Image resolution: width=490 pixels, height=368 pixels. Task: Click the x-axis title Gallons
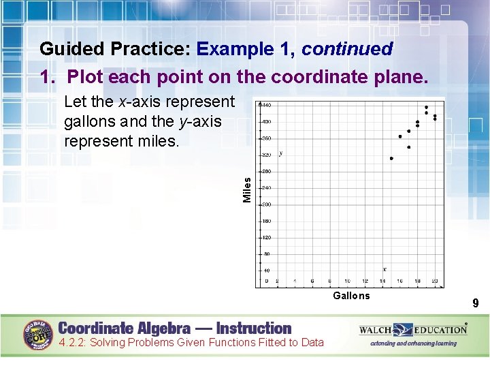pos(351,296)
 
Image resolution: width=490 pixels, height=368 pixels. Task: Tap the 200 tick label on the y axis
pos(267,204)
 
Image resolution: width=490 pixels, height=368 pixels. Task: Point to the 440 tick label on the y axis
pos(267,105)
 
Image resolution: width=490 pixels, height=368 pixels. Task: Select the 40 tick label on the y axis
pos(267,271)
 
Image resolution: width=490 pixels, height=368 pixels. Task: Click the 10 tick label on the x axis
pos(348,281)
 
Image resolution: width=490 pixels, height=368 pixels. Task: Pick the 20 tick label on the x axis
pos(435,281)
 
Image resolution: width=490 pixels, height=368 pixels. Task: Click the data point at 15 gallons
pos(391,158)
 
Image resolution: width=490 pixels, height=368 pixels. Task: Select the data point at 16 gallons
pos(400,136)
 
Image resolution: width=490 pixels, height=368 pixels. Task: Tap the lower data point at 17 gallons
pos(409,147)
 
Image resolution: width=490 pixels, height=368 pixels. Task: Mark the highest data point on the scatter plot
pos(426,107)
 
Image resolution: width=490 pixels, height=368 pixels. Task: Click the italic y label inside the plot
pos(282,153)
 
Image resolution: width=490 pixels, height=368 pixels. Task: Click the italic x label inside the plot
pos(385,269)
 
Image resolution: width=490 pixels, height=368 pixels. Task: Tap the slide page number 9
pos(476,303)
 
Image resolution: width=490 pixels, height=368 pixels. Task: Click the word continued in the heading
pos(347,49)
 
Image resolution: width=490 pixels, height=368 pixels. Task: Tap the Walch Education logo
pos(413,331)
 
